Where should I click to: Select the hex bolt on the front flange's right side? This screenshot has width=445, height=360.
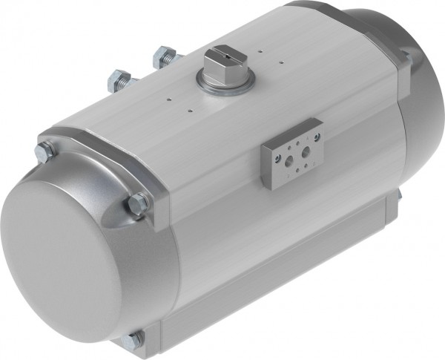tap(138, 203)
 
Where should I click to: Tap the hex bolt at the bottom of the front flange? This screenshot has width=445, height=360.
tap(134, 339)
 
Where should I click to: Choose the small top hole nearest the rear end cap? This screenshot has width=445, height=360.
tap(261, 51)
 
